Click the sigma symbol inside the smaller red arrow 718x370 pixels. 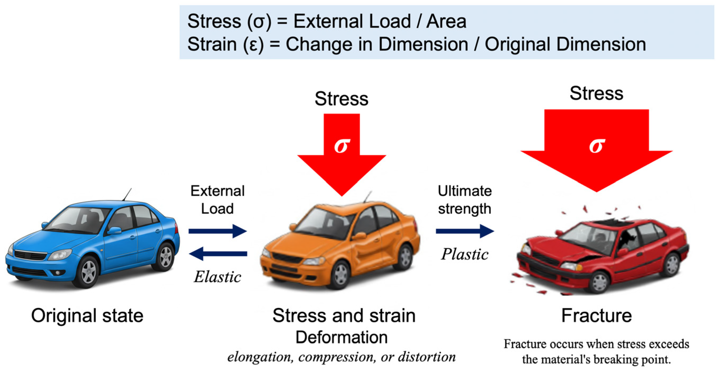(x=342, y=145)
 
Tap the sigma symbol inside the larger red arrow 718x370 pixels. (x=597, y=145)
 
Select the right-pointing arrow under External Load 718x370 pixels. (x=217, y=231)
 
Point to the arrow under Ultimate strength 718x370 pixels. (x=465, y=231)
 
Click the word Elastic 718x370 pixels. (x=217, y=277)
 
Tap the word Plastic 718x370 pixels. (x=465, y=254)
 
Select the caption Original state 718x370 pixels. (x=87, y=316)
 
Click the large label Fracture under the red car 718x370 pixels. (x=597, y=316)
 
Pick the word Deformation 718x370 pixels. (x=342, y=337)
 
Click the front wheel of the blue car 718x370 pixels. (x=89, y=271)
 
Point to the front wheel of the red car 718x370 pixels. (x=599, y=281)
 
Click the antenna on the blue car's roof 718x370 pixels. (x=127, y=194)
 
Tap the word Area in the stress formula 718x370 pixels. (x=446, y=21)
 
